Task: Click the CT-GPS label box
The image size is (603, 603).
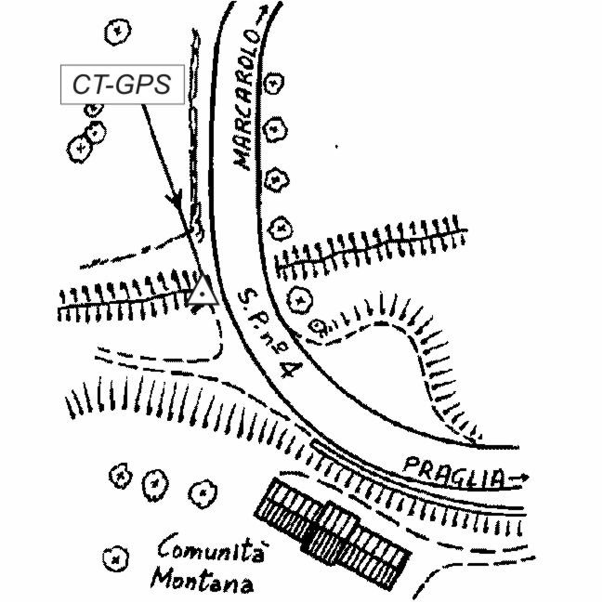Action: pyautogui.click(x=121, y=85)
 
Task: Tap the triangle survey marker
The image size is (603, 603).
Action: pyautogui.click(x=202, y=292)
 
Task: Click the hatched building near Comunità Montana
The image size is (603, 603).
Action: pyautogui.click(x=332, y=534)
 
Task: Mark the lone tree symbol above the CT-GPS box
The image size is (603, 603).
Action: pyautogui.click(x=116, y=31)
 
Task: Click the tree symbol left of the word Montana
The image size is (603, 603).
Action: pyautogui.click(x=113, y=560)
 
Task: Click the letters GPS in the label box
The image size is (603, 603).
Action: pyautogui.click(x=145, y=85)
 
